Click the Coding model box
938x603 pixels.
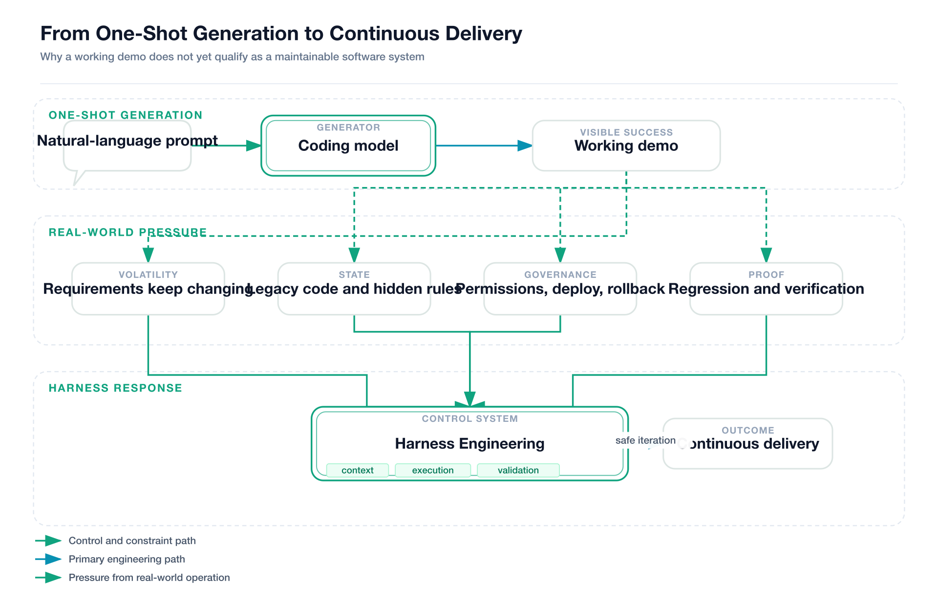coord(348,146)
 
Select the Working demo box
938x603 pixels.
coord(626,146)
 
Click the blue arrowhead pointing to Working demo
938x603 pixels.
coord(525,146)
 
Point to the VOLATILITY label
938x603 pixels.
coord(148,275)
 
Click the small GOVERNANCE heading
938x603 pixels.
coord(560,275)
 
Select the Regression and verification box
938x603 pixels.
coord(766,289)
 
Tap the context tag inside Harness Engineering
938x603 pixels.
coord(357,470)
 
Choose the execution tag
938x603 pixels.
coord(432,470)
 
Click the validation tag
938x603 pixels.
coord(518,470)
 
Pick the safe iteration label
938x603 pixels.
coord(645,440)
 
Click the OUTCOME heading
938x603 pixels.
coord(747,430)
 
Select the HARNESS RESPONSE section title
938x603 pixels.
coord(115,388)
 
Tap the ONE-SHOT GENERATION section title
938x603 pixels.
coord(125,115)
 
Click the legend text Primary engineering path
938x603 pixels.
coord(127,559)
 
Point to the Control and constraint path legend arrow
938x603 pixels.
coord(49,541)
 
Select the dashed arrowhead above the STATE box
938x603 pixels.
coord(354,254)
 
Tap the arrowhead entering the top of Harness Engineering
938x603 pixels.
coord(469,399)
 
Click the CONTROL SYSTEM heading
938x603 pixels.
coord(469,418)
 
